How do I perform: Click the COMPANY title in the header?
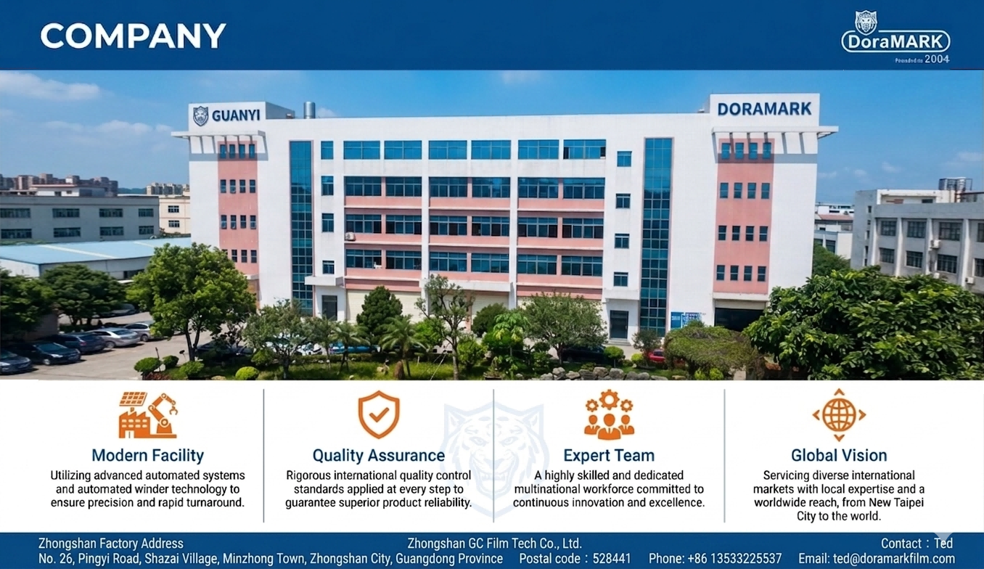133,36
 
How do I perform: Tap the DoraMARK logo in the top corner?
895,38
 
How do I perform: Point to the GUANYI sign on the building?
236,115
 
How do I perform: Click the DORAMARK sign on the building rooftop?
764,109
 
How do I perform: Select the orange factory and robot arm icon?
148,415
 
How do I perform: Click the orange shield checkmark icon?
379,414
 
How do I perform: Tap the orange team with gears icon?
609,414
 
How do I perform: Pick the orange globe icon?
839,415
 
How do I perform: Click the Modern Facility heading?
147,456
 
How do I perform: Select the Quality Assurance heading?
379,456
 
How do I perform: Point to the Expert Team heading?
609,456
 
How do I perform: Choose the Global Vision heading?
839,456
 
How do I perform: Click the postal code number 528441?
612,559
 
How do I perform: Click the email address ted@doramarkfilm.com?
894,559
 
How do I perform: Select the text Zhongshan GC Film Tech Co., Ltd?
495,544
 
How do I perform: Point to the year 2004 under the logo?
937,59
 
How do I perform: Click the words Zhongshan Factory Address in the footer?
111,544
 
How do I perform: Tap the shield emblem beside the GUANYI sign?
201,115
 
